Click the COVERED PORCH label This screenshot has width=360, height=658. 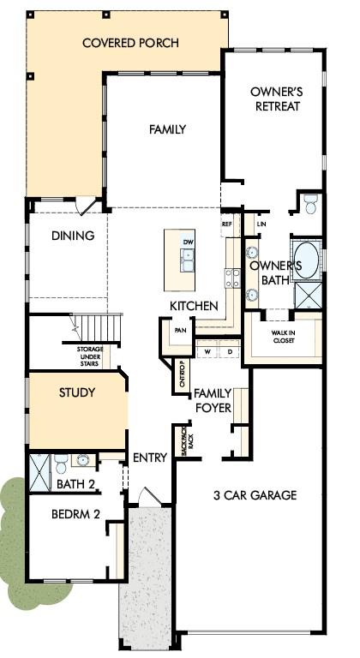tap(130, 43)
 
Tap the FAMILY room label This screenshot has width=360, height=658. tap(167, 129)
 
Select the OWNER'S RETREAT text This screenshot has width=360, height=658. tap(277, 99)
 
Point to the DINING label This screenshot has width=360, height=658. tap(73, 236)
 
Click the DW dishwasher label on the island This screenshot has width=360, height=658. tap(188, 242)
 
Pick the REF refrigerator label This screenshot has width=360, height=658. tap(226, 224)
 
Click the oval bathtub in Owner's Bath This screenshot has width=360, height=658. tap(306, 260)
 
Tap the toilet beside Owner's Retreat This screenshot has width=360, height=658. tap(311, 204)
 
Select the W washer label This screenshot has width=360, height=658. tap(207, 351)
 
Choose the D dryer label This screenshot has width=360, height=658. tap(230, 351)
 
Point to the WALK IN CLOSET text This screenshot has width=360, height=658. tap(283, 337)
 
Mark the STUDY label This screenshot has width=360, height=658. tap(77, 392)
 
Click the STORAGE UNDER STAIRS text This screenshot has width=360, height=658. tap(89, 356)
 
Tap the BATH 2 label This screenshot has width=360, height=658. tap(75, 484)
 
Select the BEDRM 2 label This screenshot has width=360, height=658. tap(75, 514)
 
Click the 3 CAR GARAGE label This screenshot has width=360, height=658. tap(255, 495)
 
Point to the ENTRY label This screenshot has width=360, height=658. tap(150, 458)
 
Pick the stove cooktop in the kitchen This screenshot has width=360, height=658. tap(233, 278)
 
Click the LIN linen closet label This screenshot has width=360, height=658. tap(261, 224)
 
